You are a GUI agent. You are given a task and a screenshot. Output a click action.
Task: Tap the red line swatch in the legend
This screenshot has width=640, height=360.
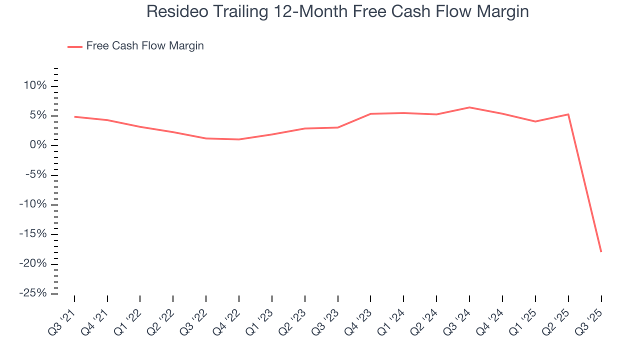point(75,46)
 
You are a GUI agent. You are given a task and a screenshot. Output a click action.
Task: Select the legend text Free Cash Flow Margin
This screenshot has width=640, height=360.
point(145,46)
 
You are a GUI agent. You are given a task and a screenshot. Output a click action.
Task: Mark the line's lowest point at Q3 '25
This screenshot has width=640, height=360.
point(601,251)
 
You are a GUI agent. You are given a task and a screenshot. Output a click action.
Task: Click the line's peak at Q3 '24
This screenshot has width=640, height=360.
point(469,107)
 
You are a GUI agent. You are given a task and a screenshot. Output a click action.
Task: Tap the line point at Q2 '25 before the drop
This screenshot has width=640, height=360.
point(568,114)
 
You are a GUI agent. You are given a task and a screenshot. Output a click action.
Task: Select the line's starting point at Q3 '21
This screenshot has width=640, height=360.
point(74,117)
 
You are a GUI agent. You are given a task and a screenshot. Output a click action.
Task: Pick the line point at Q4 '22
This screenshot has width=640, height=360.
point(239,139)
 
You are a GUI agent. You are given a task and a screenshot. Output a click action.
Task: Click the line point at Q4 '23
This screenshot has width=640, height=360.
point(370,114)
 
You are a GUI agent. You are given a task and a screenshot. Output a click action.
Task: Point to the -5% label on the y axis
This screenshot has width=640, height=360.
point(35,175)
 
